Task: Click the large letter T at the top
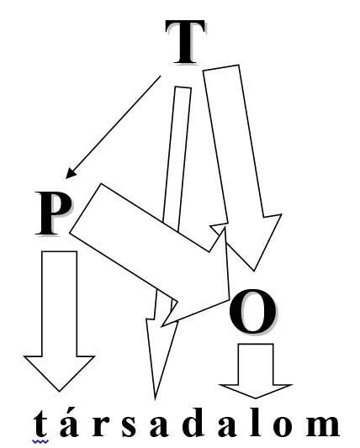(185, 42)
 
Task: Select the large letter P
(54, 213)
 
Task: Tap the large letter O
(253, 311)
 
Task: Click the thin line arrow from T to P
(114, 127)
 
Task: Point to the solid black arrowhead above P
(71, 174)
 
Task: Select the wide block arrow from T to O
(243, 169)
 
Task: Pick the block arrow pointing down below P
(59, 320)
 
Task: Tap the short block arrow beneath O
(256, 371)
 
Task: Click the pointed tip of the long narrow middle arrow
(155, 398)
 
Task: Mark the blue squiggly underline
(40, 442)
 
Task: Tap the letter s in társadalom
(129, 426)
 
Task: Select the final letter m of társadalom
(322, 426)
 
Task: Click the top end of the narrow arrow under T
(183, 87)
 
